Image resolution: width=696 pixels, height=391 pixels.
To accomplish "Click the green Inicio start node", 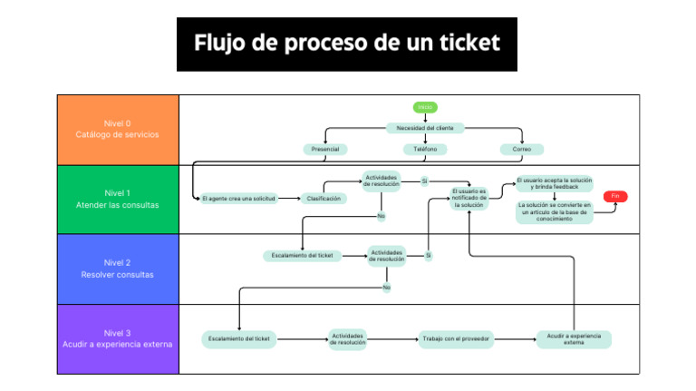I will pyautogui.click(x=425, y=107).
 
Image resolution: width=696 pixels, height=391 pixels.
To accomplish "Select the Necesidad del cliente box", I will pyautogui.click(x=425, y=128).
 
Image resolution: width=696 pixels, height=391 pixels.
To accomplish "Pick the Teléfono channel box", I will pyautogui.click(x=425, y=149).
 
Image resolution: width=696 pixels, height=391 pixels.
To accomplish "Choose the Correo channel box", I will pyautogui.click(x=522, y=149).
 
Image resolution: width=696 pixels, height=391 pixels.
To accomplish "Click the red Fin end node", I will pyautogui.click(x=615, y=196).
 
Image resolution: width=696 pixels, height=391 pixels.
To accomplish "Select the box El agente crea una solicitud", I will pyautogui.click(x=238, y=198).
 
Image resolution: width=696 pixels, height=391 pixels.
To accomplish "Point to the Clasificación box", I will pyautogui.click(x=324, y=198).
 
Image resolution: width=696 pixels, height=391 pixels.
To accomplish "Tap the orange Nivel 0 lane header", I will pyautogui.click(x=118, y=129).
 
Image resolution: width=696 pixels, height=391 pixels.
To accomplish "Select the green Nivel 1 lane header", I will pyautogui.click(x=118, y=199).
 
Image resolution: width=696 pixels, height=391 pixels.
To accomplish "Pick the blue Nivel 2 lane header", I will pyautogui.click(x=118, y=269).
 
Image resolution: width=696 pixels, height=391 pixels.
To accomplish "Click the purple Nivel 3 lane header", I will pyautogui.click(x=118, y=338).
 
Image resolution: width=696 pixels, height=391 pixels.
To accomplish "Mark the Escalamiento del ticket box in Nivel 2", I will pyautogui.click(x=303, y=256).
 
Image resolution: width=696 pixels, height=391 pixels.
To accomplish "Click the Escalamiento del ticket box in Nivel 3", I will pyautogui.click(x=239, y=339).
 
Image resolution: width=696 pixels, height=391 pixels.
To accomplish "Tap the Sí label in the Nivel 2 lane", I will pyautogui.click(x=429, y=256).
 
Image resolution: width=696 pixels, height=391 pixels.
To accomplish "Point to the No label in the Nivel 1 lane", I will pyautogui.click(x=381, y=216).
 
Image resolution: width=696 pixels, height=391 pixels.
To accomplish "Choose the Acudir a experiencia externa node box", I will pyautogui.click(x=574, y=339).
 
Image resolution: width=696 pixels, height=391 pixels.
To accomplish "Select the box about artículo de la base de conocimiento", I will pyautogui.click(x=555, y=212).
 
